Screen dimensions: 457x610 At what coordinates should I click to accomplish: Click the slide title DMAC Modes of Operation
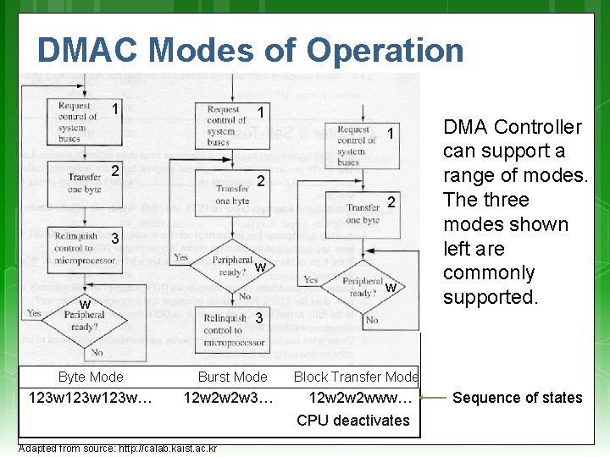coord(250,51)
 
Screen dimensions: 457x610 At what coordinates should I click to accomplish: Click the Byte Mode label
coord(91,377)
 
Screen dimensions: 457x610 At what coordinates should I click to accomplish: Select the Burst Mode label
coord(232,377)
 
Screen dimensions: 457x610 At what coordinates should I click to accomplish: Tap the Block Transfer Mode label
coord(356,377)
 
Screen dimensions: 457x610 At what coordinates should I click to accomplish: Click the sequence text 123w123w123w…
coord(91,398)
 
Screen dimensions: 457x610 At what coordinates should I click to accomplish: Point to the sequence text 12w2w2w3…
coord(229,398)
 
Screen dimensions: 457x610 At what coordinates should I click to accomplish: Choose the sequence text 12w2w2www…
coord(361,398)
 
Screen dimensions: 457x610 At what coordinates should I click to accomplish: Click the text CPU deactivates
coord(353,421)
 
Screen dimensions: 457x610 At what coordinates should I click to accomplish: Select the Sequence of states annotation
coord(517,398)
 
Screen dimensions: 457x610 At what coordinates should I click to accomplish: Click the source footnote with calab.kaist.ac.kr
coord(118,449)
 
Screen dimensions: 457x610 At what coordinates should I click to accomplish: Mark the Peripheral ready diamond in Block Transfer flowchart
coord(362,288)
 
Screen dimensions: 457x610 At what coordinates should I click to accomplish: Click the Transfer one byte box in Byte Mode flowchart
coord(85,183)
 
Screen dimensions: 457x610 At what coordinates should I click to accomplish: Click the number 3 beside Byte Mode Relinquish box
coord(114,240)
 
